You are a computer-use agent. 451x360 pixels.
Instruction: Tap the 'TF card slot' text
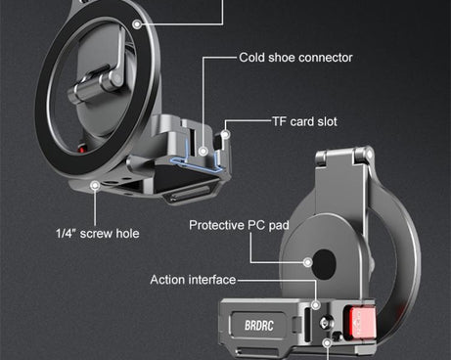click(305, 122)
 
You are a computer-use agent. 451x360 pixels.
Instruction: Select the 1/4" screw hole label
click(97, 233)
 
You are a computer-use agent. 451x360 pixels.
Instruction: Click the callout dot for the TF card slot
click(226, 128)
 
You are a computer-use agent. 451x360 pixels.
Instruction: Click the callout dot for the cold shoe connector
click(204, 150)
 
